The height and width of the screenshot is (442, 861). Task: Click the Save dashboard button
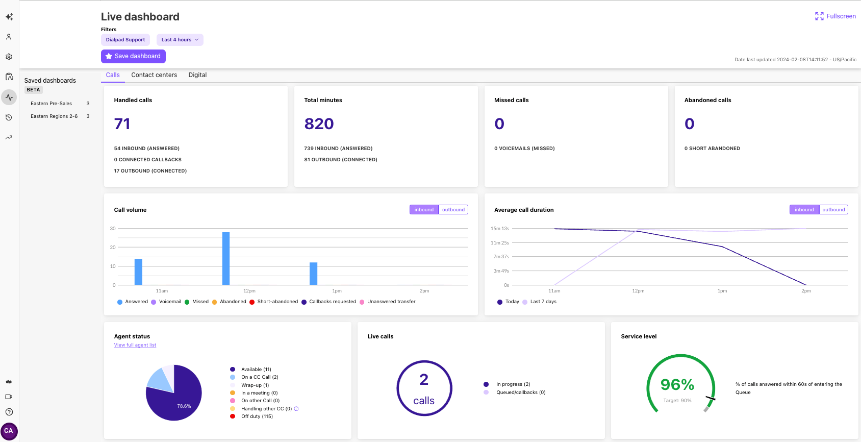(x=133, y=56)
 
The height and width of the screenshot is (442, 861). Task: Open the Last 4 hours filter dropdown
(x=180, y=40)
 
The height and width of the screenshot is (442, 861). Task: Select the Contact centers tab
(x=154, y=75)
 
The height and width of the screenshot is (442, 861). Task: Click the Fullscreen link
(x=835, y=16)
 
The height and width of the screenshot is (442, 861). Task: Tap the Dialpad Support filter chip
(x=125, y=40)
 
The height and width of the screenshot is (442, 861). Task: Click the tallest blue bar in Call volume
(x=226, y=258)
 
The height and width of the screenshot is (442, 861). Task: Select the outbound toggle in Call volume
(x=453, y=210)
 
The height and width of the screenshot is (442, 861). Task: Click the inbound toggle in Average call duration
(x=804, y=210)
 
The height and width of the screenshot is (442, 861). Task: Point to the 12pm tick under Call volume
(x=249, y=291)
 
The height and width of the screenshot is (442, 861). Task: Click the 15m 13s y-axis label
(x=499, y=229)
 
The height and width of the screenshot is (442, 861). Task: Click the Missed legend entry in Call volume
(x=200, y=302)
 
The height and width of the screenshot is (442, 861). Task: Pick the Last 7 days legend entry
(x=543, y=302)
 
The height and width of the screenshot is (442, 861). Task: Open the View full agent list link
(x=135, y=345)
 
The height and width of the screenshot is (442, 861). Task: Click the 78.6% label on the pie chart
(x=184, y=406)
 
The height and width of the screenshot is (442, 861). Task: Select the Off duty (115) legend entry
(x=257, y=416)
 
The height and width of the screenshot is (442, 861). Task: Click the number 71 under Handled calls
(x=122, y=124)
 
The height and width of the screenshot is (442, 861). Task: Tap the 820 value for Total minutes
(x=319, y=124)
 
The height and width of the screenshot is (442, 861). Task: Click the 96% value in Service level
(x=677, y=384)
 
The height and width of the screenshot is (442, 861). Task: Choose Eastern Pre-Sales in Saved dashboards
(x=51, y=104)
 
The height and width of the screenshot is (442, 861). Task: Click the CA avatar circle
(x=9, y=431)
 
